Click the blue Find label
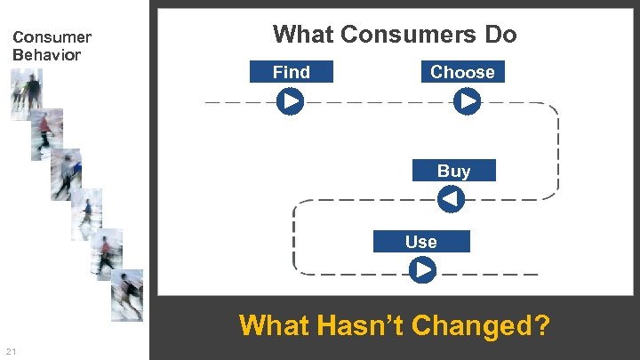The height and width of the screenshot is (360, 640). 292,72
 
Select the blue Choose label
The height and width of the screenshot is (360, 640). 462,72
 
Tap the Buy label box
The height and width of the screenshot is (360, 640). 453,171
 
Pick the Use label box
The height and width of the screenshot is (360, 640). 420,242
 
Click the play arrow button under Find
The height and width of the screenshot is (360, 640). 290,102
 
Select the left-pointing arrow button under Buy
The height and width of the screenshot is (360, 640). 452,199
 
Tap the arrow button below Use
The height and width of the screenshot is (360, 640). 423,269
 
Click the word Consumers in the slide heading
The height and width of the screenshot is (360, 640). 404,35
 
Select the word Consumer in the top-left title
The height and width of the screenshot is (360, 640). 52,37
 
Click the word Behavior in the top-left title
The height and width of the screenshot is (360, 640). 46,54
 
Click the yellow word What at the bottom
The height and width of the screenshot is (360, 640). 274,325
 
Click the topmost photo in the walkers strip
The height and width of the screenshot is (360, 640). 26,94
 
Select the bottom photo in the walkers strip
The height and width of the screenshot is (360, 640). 127,294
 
